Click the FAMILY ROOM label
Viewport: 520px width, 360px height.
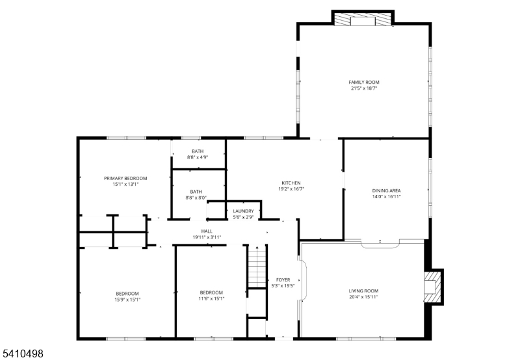(x=363, y=82)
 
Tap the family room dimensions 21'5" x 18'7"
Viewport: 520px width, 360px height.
(x=363, y=88)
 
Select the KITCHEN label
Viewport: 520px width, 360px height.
(x=291, y=183)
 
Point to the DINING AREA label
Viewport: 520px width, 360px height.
(x=386, y=190)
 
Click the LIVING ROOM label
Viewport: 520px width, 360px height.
(x=363, y=290)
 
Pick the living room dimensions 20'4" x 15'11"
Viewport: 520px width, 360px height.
(x=363, y=297)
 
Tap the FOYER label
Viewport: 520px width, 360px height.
(x=283, y=279)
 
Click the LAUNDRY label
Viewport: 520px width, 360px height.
(x=244, y=211)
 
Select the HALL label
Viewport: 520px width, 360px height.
(x=207, y=231)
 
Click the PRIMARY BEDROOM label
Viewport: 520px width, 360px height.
(x=125, y=178)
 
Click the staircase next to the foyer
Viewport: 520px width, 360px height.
(x=257, y=266)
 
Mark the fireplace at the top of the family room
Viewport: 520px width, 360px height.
(x=363, y=19)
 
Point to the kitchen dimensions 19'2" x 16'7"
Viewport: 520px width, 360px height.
(x=291, y=189)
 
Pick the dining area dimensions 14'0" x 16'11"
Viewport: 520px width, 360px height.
(x=386, y=197)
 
